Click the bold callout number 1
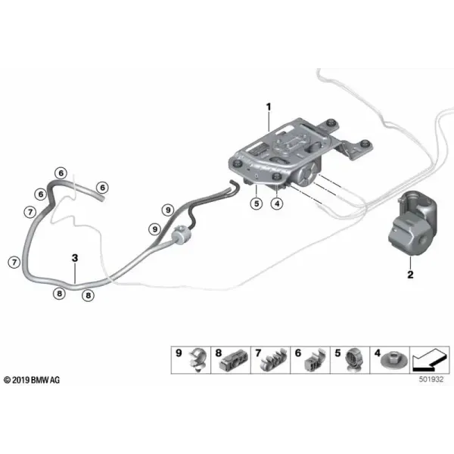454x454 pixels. (269, 107)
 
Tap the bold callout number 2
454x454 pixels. (410, 275)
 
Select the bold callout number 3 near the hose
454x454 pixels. (75, 258)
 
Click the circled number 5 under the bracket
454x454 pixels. (257, 204)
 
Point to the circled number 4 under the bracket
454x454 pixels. (277, 204)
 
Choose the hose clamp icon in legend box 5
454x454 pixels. (354, 360)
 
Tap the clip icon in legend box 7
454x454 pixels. (272, 361)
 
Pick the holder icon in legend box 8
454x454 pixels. (234, 360)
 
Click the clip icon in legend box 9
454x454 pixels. (198, 359)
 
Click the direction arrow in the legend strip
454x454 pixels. (429, 359)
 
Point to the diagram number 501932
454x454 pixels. (431, 379)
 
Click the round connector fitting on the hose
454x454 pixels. (182, 235)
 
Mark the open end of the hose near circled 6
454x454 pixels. (101, 198)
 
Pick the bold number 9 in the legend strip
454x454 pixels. (179, 353)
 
